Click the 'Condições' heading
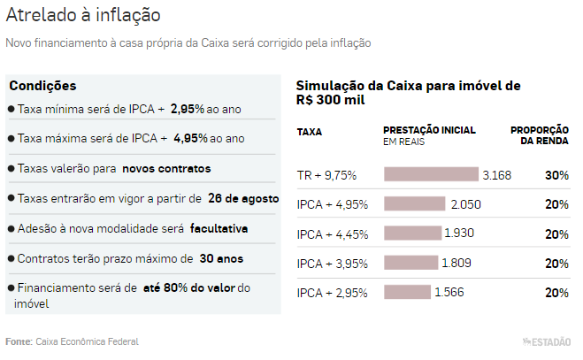[x=42, y=86]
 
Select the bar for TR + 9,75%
[x=431, y=175]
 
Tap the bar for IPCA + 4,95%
[x=414, y=204]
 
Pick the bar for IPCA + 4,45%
[x=412, y=234]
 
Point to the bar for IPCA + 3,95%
[x=410, y=263]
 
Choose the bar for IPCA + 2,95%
[x=407, y=293]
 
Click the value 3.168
[x=496, y=175]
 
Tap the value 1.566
[x=449, y=293]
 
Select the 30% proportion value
[x=556, y=175]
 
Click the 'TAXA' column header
[x=310, y=131]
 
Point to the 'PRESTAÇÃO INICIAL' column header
[x=429, y=130]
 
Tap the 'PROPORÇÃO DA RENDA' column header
[x=540, y=135]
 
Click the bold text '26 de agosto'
[x=242, y=198]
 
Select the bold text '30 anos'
[x=222, y=259]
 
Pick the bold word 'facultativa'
[x=219, y=228]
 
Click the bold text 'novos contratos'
[x=166, y=168]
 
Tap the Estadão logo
[x=548, y=341]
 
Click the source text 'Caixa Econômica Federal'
[x=87, y=341]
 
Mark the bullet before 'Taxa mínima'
[x=11, y=109]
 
